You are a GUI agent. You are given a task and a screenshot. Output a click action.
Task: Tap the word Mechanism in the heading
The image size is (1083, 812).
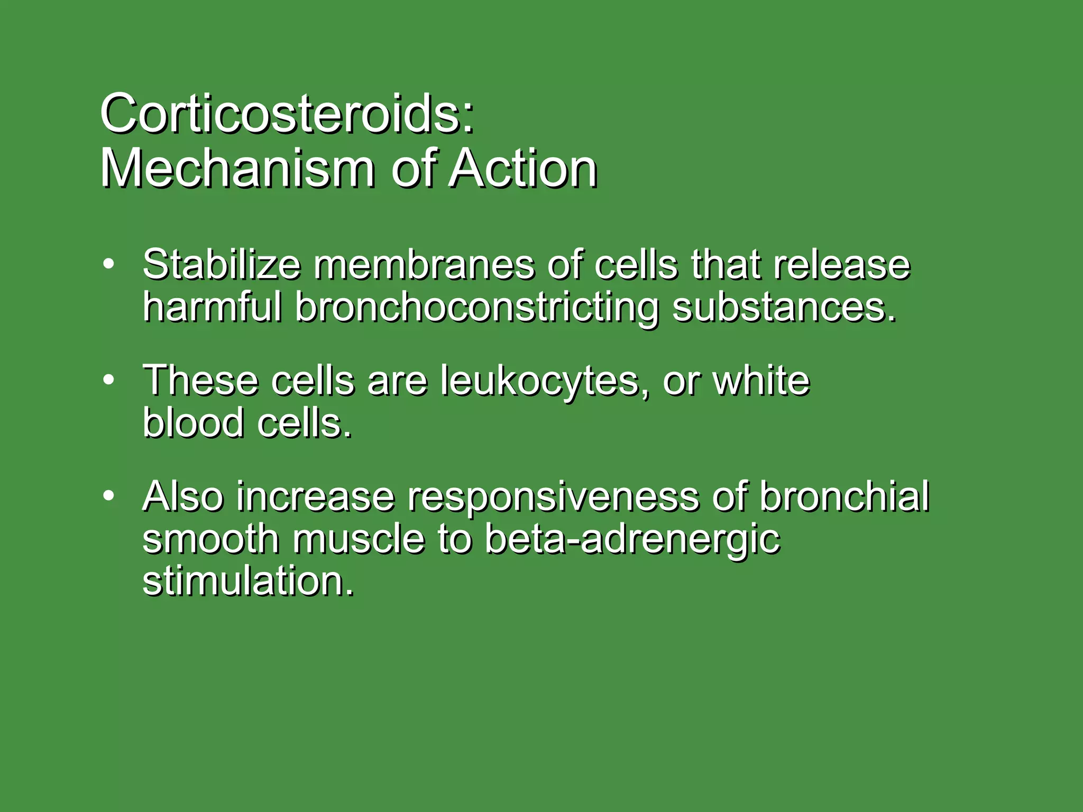pyautogui.click(x=238, y=169)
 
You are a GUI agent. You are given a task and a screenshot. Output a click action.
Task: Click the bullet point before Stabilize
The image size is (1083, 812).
pyautogui.click(x=108, y=264)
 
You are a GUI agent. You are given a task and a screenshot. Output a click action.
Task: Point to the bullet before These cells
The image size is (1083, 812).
pyautogui.click(x=108, y=380)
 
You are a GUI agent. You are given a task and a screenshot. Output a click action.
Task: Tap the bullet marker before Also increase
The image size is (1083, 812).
pyautogui.click(x=108, y=496)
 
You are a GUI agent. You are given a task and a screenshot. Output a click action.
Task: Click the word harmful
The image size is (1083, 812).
pyautogui.click(x=212, y=307)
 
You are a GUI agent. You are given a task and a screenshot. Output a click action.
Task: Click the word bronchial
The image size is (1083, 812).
pyautogui.click(x=844, y=497)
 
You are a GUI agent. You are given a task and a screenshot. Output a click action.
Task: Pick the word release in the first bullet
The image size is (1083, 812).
pyautogui.click(x=841, y=264)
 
